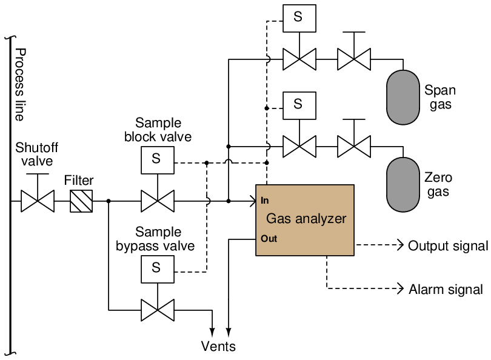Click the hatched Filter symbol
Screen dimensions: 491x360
(x=81, y=201)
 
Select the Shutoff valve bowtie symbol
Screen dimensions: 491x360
(x=38, y=201)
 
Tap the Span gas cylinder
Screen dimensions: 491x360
(x=403, y=97)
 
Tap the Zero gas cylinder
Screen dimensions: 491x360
(x=403, y=185)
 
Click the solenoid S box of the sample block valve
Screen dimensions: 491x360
(x=158, y=160)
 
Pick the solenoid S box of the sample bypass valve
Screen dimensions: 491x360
(x=158, y=269)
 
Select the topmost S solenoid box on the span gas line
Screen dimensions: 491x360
(x=299, y=18)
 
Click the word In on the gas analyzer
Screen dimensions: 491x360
(x=265, y=201)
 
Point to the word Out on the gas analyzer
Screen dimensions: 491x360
(x=269, y=239)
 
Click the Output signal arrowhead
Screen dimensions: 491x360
(x=400, y=245)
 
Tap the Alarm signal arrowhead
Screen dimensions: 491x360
(x=400, y=288)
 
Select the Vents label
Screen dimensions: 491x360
(x=218, y=346)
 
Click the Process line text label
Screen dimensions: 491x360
(x=20, y=84)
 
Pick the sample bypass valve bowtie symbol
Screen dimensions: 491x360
(x=158, y=310)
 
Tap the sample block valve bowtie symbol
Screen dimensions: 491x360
(x=158, y=201)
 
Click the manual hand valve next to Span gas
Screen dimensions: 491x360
(x=354, y=59)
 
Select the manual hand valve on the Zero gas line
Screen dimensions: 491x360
(x=354, y=146)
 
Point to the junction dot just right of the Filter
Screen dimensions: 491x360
(x=109, y=201)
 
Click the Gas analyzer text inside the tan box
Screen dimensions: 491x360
(x=306, y=219)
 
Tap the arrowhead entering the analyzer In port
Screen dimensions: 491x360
(x=253, y=201)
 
